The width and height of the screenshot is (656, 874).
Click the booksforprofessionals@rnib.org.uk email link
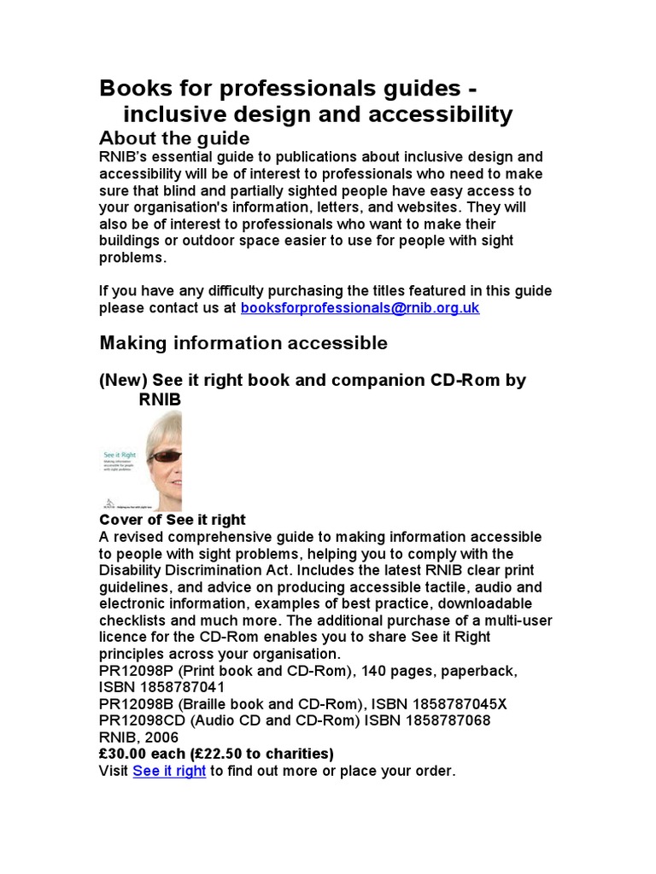(x=360, y=308)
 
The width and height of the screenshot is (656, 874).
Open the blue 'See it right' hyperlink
(x=169, y=772)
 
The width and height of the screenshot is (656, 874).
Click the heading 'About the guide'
(x=174, y=138)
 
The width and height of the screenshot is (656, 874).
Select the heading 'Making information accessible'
(x=243, y=343)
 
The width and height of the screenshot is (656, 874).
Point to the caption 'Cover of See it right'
(x=173, y=520)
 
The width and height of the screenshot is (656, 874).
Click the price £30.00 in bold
(x=126, y=755)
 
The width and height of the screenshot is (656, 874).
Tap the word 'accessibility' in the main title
(x=442, y=114)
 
